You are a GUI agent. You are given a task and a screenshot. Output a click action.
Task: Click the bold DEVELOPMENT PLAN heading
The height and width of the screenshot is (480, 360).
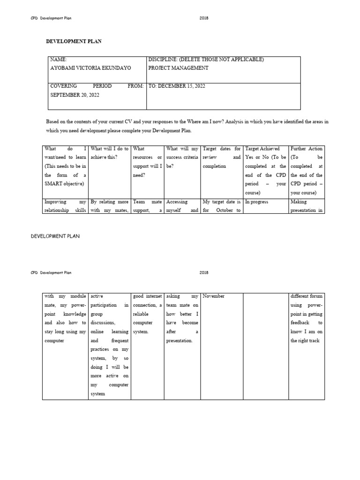pyautogui.click(x=74, y=41)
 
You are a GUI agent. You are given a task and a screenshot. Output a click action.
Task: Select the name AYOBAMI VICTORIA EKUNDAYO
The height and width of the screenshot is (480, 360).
pyautogui.click(x=90, y=68)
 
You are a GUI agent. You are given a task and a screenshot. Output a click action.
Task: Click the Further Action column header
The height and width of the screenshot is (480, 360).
pyautogui.click(x=307, y=149)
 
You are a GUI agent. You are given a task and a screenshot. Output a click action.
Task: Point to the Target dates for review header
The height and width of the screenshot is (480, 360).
pyautogui.click(x=221, y=149)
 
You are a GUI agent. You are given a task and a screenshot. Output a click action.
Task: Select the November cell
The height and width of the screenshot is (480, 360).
pyautogui.click(x=214, y=296)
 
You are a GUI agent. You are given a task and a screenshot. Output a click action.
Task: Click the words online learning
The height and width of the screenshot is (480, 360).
pyautogui.click(x=109, y=332)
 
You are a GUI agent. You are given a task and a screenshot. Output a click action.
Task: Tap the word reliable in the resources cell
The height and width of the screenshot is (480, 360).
pyautogui.click(x=141, y=314)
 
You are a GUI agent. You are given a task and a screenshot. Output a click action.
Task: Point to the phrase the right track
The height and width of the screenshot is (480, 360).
pyautogui.click(x=305, y=341)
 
